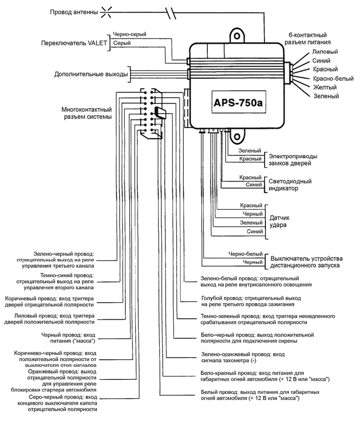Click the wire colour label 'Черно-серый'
[129, 34]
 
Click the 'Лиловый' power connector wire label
[324, 52]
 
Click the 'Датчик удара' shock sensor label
[280, 221]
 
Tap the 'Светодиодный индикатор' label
[290, 185]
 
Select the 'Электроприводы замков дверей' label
[293, 159]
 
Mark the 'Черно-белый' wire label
[245, 254]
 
